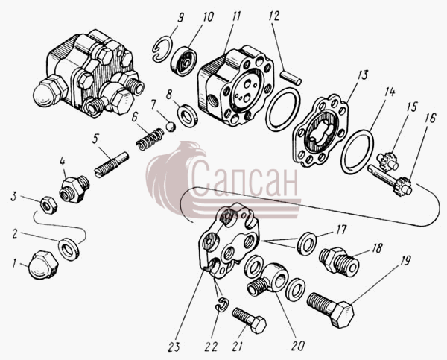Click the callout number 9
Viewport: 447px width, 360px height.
pos(180,18)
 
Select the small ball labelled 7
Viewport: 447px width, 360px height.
pos(171,127)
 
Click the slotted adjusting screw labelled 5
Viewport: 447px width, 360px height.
pos(112,165)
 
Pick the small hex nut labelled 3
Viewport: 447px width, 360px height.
pos(49,206)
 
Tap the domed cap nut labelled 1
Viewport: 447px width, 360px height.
pos(43,265)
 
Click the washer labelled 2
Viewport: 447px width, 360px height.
pos(69,248)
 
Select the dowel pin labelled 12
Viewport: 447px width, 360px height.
pos(291,78)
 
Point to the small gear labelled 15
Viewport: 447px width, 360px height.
pos(386,162)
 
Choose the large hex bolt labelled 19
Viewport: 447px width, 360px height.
pos(331,309)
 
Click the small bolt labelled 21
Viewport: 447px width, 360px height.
pos(249,320)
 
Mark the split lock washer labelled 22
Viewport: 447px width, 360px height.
pos(221,304)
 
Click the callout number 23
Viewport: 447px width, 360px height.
pos(174,347)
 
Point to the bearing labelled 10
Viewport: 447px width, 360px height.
pos(184,62)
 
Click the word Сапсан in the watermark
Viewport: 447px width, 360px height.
pos(244,180)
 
